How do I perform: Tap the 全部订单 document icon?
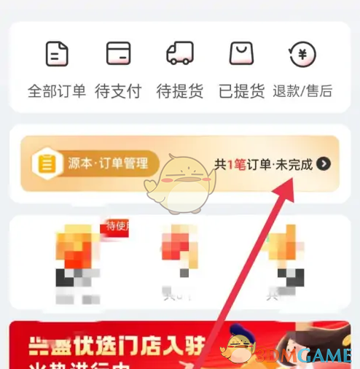click(56, 54)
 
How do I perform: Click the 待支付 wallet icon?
click(118, 54)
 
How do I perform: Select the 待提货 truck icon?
click(179, 54)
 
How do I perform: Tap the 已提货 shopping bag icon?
click(241, 54)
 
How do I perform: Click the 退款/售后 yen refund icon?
click(302, 54)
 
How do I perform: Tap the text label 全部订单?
click(56, 91)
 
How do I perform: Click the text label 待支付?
click(118, 91)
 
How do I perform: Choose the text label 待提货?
click(179, 91)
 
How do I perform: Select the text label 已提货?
click(241, 91)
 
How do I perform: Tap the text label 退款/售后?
click(302, 91)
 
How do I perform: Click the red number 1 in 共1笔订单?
click(230, 164)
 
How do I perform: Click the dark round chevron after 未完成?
click(324, 164)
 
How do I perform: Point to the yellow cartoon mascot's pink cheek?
click(169, 179)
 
